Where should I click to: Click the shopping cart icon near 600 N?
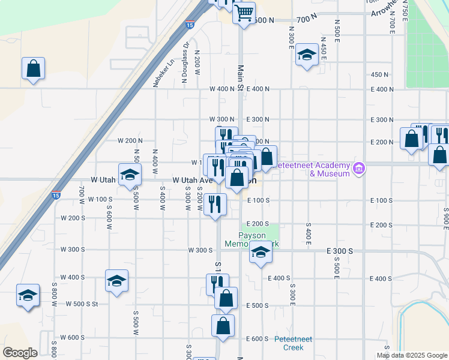pyautogui.click(x=244, y=12)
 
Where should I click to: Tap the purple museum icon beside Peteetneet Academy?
pyautogui.click(x=360, y=169)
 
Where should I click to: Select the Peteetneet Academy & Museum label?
pyautogui.click(x=329, y=169)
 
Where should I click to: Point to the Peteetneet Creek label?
pyautogui.click(x=294, y=343)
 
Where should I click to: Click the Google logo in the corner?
pyautogui.click(x=20, y=353)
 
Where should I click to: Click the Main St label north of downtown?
pyautogui.click(x=240, y=79)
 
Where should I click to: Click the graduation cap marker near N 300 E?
pyautogui.click(x=307, y=56)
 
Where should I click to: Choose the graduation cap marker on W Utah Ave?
pyautogui.click(x=130, y=175)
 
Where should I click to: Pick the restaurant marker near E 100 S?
pyautogui.click(x=215, y=204)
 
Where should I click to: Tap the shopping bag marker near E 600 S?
pyautogui.click(x=223, y=326)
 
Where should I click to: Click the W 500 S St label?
pyautogui.click(x=82, y=305)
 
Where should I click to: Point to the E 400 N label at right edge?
pyautogui.click(x=383, y=89)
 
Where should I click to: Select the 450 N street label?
pyautogui.click(x=380, y=74)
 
